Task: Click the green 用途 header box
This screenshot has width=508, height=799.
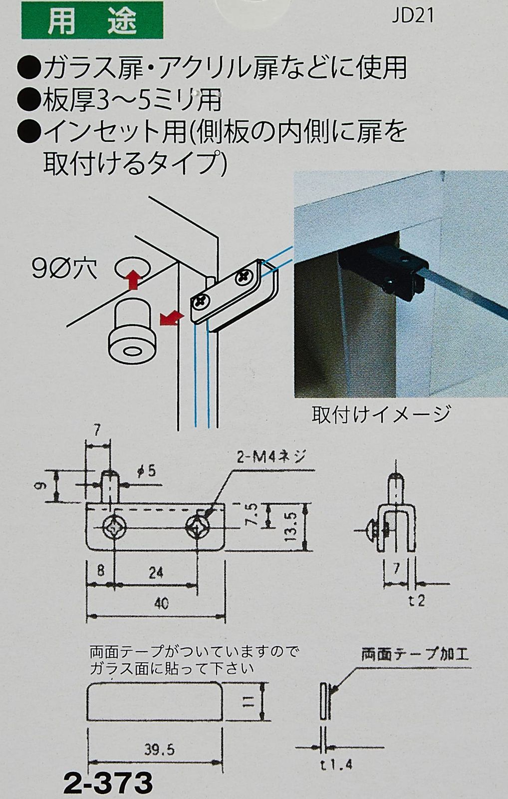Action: pyautogui.click(x=92, y=20)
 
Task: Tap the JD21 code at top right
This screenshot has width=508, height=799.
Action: pyautogui.click(x=413, y=16)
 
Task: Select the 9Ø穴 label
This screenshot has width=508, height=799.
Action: pyautogui.click(x=64, y=269)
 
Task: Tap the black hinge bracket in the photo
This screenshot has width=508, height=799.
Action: pyautogui.click(x=385, y=271)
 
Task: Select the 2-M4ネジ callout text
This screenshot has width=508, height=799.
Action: pyautogui.click(x=271, y=457)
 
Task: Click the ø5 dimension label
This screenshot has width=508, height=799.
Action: pyautogui.click(x=147, y=471)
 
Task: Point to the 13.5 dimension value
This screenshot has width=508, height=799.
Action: pyautogui.click(x=291, y=527)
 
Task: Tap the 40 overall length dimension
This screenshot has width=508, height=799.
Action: pyautogui.click(x=161, y=604)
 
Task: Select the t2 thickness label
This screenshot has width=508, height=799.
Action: pyautogui.click(x=417, y=601)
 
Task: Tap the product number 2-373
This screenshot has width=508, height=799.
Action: pyautogui.click(x=108, y=783)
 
